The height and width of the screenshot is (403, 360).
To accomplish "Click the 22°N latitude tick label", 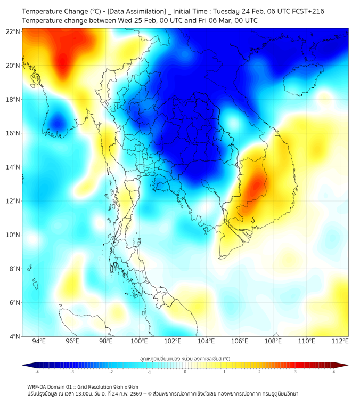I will coord(13,31).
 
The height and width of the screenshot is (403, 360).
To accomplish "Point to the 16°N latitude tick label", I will coord(13,133).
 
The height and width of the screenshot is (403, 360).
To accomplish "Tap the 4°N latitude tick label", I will coord(14,336).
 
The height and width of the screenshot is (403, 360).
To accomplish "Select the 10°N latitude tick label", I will coord(13,235).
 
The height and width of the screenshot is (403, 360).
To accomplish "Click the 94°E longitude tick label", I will coord(39,341).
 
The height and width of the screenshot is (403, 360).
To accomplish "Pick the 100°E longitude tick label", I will coord(139,341).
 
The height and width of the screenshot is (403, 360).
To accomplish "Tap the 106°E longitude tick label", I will coord(240,341).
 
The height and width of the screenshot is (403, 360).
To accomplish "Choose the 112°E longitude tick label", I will coord(340,341).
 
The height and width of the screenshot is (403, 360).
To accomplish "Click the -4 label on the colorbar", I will coord(36,372).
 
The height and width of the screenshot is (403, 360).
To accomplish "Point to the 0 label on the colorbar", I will coord(185,372).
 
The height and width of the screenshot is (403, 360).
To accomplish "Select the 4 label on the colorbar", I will coord(334,372).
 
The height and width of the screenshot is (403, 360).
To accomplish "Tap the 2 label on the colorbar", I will coord(260,372).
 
